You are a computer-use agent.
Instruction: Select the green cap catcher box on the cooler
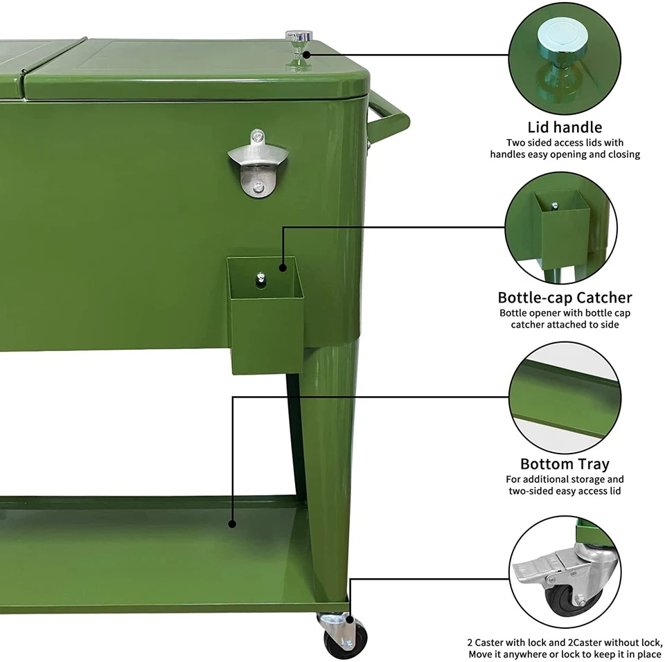click(x=267, y=325)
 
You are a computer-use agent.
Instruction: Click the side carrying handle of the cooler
click(x=388, y=118)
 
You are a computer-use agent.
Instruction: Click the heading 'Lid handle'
click(x=565, y=127)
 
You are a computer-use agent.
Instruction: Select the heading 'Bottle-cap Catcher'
click(x=565, y=298)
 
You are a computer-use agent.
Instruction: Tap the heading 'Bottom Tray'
click(x=565, y=464)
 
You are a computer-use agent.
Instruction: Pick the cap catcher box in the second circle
click(x=562, y=222)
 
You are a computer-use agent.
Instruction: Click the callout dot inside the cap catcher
click(x=283, y=267)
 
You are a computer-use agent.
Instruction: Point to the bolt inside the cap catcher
click(x=261, y=278)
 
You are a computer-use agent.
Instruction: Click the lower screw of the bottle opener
click(x=257, y=186)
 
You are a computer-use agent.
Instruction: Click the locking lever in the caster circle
click(x=533, y=572)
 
